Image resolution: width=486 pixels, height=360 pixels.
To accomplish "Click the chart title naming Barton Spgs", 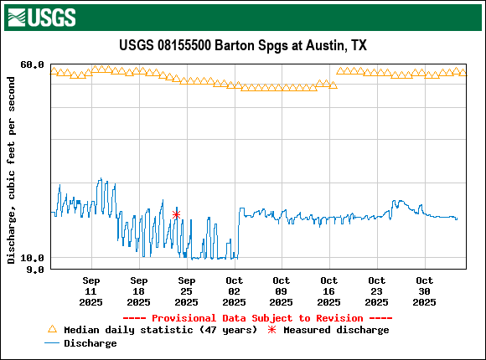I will coord(243,45).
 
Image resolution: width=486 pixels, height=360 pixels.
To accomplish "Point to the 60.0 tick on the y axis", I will coord(33,64).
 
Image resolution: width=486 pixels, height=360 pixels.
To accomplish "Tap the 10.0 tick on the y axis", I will coord(33,258).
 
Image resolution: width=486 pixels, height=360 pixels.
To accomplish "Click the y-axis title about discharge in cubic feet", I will coord(11,170).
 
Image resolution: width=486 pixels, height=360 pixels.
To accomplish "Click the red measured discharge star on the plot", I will coord(176,215).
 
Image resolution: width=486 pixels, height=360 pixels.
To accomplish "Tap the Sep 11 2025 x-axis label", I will coord(91,291).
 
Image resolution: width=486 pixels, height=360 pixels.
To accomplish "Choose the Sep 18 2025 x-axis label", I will coord(139,291).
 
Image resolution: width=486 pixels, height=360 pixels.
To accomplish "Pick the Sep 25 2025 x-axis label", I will coord(187,291).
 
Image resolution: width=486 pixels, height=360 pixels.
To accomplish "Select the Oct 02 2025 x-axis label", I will coord(234,291).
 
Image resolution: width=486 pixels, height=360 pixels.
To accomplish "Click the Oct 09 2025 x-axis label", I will coord(282,291).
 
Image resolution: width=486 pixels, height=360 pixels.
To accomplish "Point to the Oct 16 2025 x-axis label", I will coord(329,291).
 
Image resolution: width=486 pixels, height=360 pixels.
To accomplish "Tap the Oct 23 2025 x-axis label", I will coord(377,291).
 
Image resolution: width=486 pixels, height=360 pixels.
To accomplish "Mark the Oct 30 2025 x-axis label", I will coord(425,291).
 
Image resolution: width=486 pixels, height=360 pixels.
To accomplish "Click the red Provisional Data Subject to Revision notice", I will coord(257,318).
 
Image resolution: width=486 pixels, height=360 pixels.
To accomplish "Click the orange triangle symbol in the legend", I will coord(52,330).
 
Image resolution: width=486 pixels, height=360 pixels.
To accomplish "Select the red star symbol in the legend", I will coord(271,330).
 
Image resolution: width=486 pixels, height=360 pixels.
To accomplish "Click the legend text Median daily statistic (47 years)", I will coord(160,330).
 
